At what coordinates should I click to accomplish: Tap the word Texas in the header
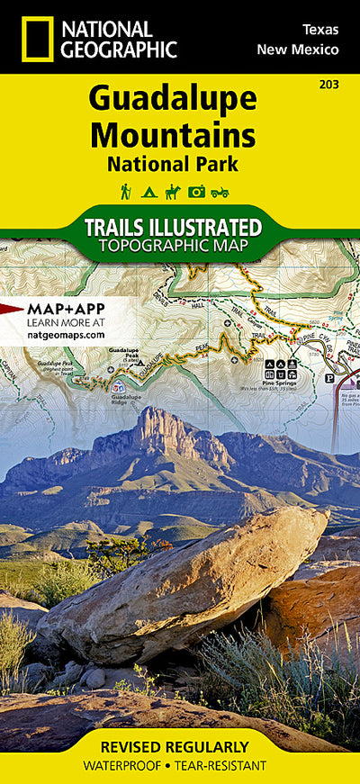319,30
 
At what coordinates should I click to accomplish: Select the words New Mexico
298,49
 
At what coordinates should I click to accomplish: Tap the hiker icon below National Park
126,191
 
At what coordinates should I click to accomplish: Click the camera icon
196,191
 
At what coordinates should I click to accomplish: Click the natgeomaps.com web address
67,334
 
